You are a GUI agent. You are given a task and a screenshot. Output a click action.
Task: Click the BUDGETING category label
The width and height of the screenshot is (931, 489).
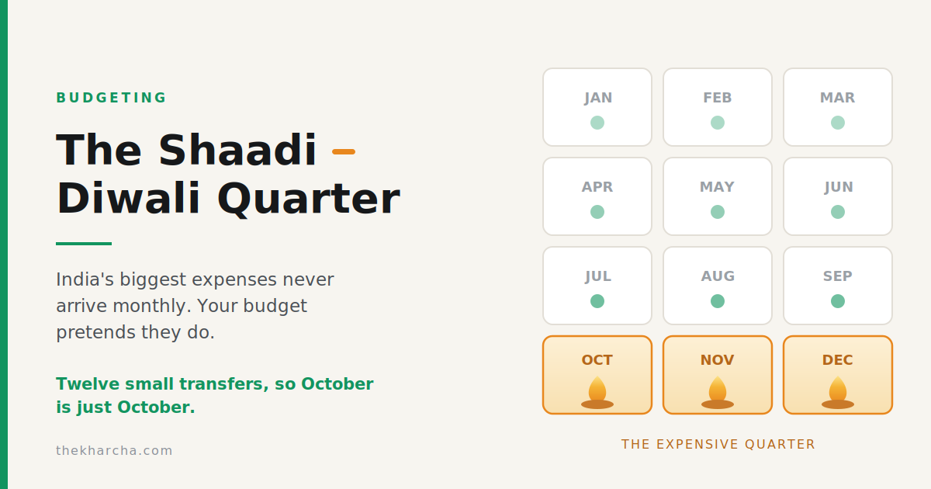pyautogui.click(x=111, y=98)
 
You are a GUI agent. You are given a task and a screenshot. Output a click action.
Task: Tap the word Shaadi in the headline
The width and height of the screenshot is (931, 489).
pyautogui.click(x=237, y=150)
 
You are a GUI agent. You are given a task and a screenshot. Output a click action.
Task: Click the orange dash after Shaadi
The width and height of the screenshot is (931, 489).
pyautogui.click(x=344, y=152)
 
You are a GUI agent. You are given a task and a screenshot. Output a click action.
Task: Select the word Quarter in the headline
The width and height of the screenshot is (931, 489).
pyautogui.click(x=309, y=199)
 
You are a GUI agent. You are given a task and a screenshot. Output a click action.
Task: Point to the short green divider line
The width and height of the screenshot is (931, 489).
pyautogui.click(x=84, y=244)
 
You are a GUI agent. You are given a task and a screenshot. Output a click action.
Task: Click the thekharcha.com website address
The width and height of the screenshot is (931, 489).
pyautogui.click(x=114, y=450)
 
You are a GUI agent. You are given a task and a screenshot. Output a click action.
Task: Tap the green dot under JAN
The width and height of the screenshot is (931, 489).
pyautogui.click(x=597, y=123)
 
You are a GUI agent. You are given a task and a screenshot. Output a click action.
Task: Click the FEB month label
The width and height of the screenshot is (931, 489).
pyautogui.click(x=718, y=98)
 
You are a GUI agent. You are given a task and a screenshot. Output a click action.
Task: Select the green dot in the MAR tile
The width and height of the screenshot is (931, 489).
pyautogui.click(x=837, y=123)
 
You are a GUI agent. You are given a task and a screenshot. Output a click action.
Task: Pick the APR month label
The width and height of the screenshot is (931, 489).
pyautogui.click(x=597, y=187)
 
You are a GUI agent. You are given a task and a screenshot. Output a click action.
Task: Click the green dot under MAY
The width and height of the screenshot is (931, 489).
pyautogui.click(x=718, y=212)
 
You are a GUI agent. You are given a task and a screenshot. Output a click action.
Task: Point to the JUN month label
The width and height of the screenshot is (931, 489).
pyautogui.click(x=839, y=188)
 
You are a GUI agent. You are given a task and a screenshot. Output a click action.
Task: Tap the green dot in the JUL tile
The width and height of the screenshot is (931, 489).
pyautogui.click(x=597, y=301)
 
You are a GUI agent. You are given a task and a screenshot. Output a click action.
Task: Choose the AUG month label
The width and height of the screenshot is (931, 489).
pyautogui.click(x=718, y=276)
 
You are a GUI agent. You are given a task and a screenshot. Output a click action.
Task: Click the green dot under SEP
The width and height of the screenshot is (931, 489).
pyautogui.click(x=837, y=301)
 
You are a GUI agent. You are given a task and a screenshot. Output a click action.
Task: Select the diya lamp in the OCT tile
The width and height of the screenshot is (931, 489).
pyautogui.click(x=597, y=393)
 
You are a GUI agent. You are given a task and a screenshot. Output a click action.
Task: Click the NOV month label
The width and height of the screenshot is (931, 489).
pyautogui.click(x=718, y=360)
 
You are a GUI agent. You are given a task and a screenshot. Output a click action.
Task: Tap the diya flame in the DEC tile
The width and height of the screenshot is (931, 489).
pyautogui.click(x=837, y=389)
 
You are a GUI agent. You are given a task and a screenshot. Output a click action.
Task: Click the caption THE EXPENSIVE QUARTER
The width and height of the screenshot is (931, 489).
pyautogui.click(x=718, y=445)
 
